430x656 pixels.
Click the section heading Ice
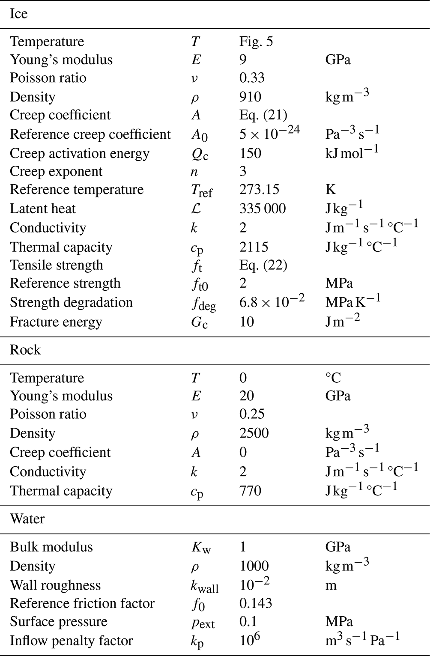[18, 14]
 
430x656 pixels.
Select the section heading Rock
[25, 350]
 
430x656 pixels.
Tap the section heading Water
[27, 519]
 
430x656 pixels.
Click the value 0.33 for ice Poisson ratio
[252, 78]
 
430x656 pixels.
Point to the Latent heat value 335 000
[262, 209]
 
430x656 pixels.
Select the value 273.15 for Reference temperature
[259, 189]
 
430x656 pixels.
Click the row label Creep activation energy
[80, 153]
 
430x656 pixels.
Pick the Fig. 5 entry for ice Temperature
[256, 42]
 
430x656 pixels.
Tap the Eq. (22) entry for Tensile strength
[263, 265]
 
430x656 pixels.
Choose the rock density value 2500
[254, 433]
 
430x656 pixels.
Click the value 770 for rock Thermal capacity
[250, 491]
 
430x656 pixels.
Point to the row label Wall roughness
[55, 585]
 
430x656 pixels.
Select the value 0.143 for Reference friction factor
[255, 603]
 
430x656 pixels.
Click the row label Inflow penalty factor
[71, 641]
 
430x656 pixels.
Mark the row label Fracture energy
[56, 322]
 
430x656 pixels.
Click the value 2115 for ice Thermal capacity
[254, 247]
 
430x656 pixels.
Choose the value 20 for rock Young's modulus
[247, 396]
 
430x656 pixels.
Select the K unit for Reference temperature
[330, 189]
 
